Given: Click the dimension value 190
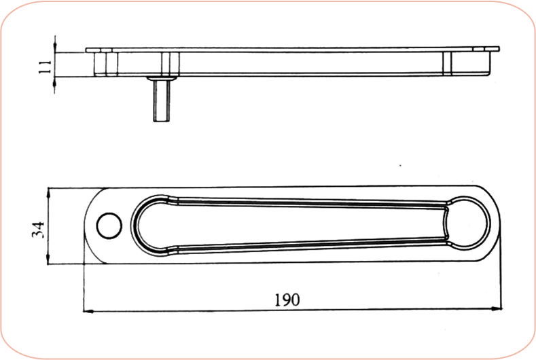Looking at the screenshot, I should pyautogui.click(x=287, y=299).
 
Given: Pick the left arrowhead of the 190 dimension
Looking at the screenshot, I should pyautogui.click(x=88, y=312).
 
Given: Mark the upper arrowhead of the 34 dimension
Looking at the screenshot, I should pyautogui.click(x=48, y=194).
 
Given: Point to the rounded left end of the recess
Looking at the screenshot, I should pyautogui.click(x=146, y=225).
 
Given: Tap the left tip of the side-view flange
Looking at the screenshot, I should pyautogui.click(x=88, y=50).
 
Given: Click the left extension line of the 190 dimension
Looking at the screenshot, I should pyautogui.click(x=84, y=285).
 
